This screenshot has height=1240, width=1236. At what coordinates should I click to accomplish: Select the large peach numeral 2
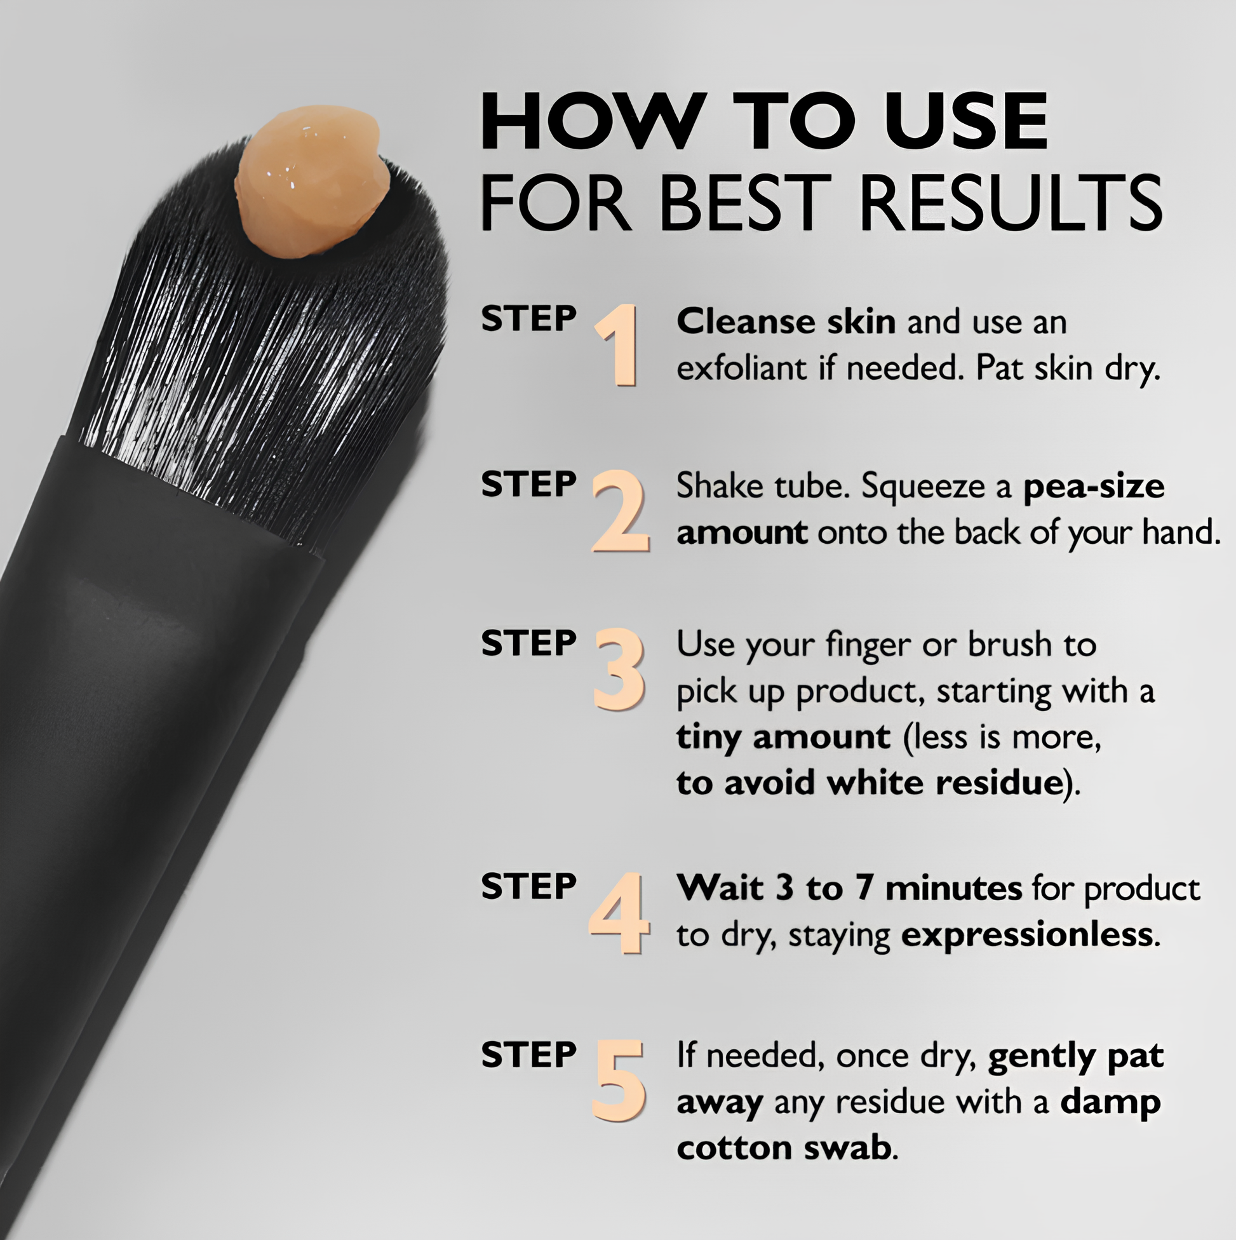click(x=620, y=511)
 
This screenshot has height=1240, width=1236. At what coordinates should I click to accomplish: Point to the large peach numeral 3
click(x=619, y=670)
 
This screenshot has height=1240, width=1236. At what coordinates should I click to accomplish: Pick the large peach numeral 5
click(x=619, y=1080)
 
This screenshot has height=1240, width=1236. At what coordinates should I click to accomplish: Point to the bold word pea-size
click(x=1094, y=487)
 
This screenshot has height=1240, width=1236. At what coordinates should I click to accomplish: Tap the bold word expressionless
click(x=1027, y=936)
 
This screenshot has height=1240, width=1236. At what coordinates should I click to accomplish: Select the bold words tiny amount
click(x=784, y=737)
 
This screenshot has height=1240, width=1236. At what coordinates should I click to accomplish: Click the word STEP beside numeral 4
click(x=528, y=887)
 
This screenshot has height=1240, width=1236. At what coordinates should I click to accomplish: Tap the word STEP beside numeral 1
click(x=528, y=318)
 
